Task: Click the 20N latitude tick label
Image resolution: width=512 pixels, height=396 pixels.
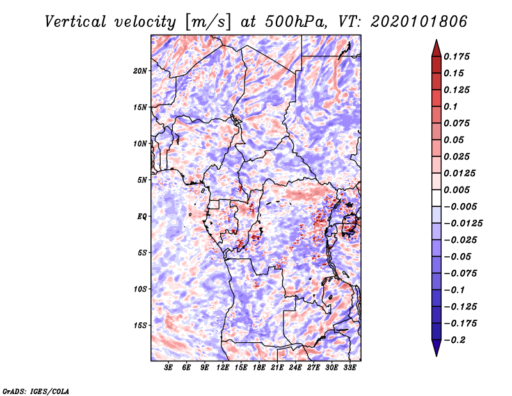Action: point(140,71)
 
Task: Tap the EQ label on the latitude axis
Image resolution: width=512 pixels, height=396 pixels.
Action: point(141,217)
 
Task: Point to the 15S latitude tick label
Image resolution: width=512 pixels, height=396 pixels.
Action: point(140,326)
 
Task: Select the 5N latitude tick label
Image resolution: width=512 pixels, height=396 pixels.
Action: point(142,180)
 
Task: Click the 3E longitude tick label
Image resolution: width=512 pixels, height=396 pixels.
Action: point(168,368)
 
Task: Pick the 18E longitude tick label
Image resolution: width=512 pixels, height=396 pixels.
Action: point(259,368)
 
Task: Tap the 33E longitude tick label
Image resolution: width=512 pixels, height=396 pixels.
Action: point(349,368)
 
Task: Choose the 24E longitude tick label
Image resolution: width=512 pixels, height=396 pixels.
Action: point(295,368)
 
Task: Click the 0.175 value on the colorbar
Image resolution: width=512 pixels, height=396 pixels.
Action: point(456,56)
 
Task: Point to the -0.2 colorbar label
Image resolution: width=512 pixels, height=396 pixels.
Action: point(454,340)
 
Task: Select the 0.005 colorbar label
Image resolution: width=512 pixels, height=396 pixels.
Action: point(456,190)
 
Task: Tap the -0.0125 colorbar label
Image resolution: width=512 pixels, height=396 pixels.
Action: point(463,224)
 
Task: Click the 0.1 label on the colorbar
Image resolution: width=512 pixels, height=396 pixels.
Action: point(451,106)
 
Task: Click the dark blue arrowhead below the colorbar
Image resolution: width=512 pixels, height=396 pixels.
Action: point(436,348)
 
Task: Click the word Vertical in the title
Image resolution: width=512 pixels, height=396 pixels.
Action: point(76,22)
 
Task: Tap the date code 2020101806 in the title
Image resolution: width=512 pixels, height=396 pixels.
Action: point(419,22)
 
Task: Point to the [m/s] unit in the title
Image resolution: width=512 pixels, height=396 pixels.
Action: point(208,22)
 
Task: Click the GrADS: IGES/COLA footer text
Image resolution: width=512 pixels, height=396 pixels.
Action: point(36,391)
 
